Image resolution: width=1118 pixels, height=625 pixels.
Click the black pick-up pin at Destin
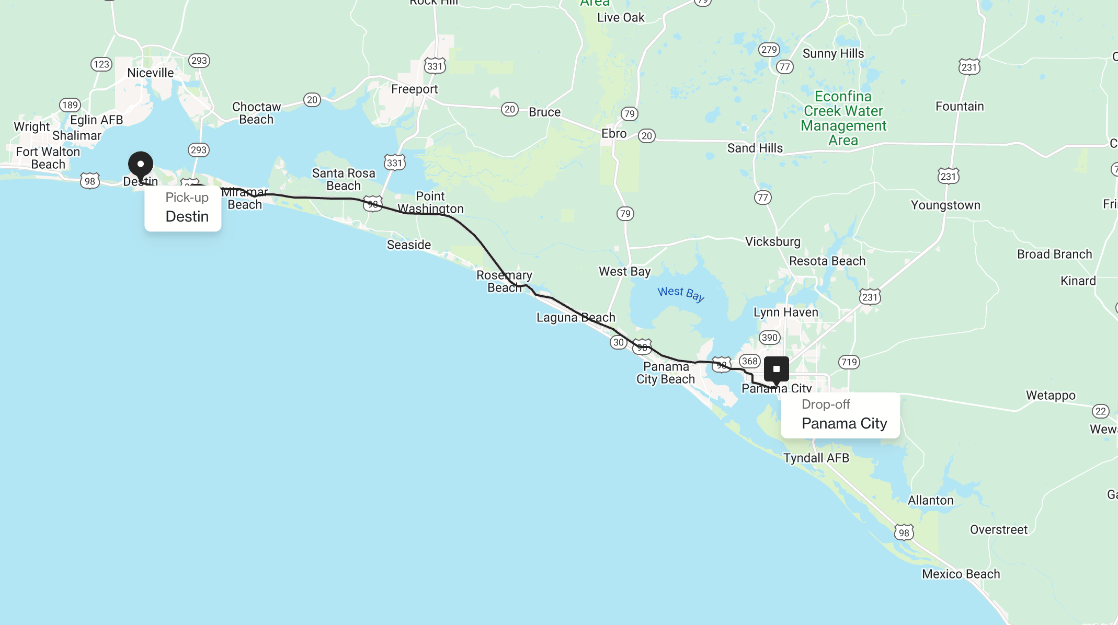click(141, 165)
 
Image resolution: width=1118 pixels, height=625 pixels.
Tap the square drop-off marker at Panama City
click(777, 369)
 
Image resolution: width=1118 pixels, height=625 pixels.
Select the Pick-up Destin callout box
click(183, 208)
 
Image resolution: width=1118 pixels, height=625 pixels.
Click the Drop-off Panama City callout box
click(840, 415)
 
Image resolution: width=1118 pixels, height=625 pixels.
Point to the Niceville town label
click(151, 73)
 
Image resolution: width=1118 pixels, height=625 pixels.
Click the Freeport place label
click(414, 89)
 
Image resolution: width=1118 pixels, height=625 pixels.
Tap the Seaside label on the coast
click(409, 245)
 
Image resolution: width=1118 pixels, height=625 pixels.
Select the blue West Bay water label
click(681, 294)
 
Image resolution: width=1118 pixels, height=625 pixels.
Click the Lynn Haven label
click(785, 312)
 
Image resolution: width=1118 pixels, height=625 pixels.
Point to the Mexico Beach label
click(961, 574)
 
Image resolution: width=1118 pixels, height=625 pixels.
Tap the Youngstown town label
click(945, 205)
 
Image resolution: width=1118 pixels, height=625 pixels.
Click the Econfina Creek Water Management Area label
click(843, 118)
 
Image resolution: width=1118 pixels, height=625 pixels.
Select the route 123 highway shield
click(101, 64)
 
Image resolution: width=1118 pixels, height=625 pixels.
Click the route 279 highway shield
click(769, 50)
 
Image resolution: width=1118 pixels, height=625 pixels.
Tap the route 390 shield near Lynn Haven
click(770, 338)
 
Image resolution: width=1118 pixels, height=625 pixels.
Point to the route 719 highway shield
click(849, 362)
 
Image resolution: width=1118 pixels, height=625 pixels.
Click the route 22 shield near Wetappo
click(1101, 411)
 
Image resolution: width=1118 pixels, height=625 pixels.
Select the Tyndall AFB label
click(816, 458)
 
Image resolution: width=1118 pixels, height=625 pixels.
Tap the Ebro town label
click(614, 134)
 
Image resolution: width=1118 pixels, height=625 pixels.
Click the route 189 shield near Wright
click(70, 105)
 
